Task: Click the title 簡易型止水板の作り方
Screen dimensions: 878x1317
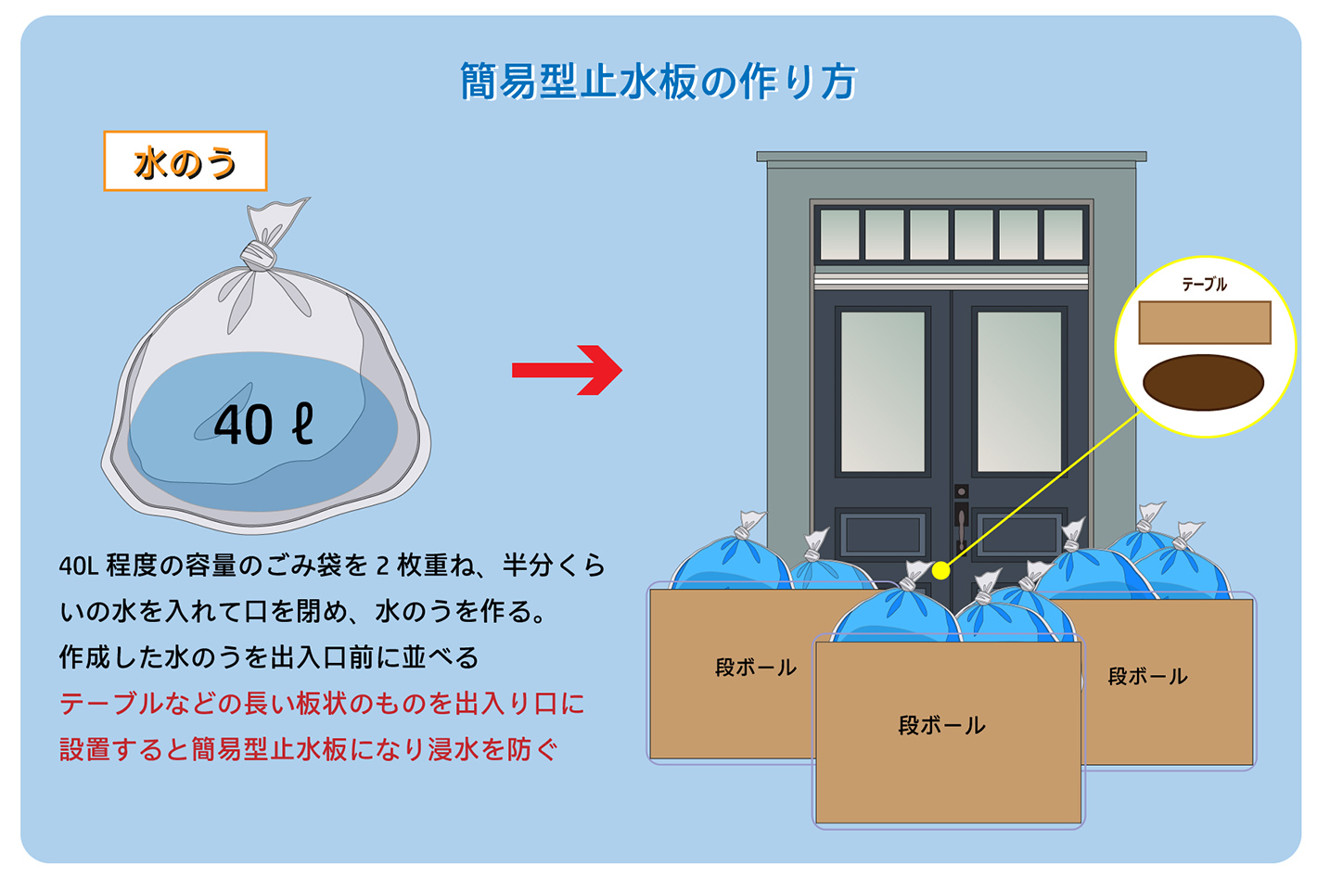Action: point(658,82)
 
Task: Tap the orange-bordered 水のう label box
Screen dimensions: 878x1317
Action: point(185,162)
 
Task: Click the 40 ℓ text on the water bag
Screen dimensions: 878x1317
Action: point(263,425)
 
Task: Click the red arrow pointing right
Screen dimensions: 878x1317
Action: point(567,370)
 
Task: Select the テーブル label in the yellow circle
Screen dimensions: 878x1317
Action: point(1204,285)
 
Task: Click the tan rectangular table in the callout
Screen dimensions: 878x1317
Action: point(1204,323)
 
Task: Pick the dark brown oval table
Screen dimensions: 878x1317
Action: point(1203,382)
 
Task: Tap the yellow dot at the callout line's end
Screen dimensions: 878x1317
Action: point(940,570)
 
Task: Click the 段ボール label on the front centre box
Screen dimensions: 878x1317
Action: point(941,725)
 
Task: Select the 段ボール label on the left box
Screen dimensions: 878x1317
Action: point(755,668)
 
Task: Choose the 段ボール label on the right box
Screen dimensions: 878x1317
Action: point(1147,677)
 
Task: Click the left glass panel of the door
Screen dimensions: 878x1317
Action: point(883,391)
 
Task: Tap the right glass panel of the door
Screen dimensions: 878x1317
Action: point(1019,391)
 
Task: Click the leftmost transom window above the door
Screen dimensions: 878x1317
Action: point(840,234)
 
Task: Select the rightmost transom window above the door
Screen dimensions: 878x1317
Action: point(1063,234)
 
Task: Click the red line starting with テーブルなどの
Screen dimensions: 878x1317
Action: point(322,704)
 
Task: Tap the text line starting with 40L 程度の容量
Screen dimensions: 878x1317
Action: point(332,565)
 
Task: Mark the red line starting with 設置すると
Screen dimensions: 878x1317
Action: point(309,749)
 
